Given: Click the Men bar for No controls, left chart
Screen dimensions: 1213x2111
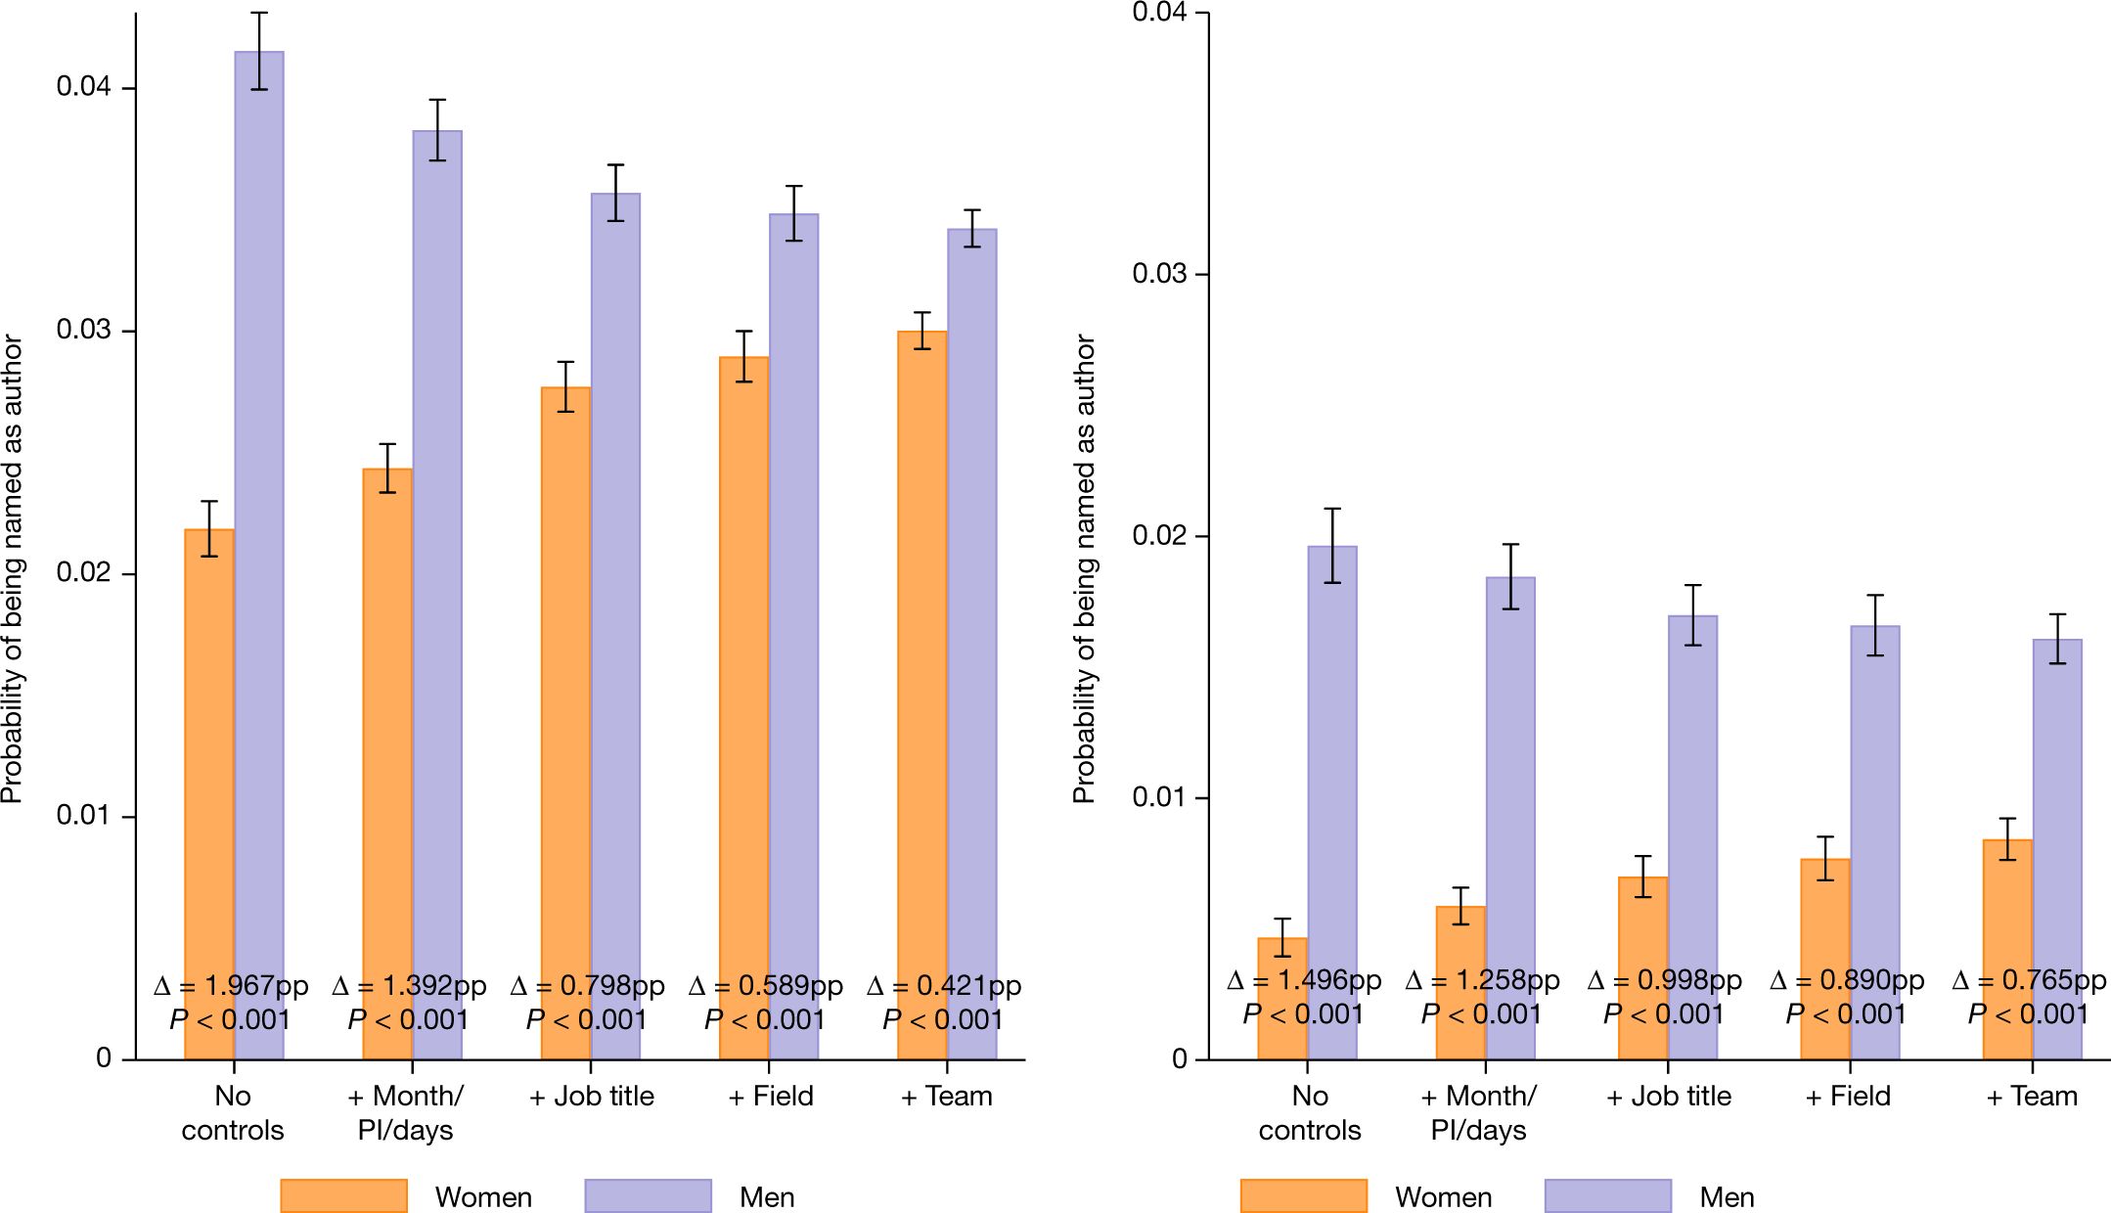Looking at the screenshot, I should (259, 489).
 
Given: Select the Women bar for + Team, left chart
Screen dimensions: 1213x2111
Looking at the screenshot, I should (921, 636).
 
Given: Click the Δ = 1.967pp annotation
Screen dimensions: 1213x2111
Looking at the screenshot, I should (231, 986).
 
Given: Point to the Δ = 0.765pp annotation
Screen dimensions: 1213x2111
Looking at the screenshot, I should (2029, 980).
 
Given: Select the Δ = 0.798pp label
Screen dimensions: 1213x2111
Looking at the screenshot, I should (587, 986).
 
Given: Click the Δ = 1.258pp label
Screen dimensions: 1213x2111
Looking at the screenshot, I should (1482, 980).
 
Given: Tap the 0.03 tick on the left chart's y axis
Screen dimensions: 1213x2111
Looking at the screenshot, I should (83, 330).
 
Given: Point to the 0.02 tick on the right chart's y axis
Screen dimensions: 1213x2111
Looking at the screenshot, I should (1159, 536).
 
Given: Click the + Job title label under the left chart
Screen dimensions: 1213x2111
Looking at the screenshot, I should (591, 1097).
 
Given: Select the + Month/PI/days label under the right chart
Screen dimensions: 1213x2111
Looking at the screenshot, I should (1479, 1113).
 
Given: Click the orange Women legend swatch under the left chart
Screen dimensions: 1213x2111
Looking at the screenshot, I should (343, 1195).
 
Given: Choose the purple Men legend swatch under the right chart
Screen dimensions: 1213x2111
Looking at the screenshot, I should (1607, 1195).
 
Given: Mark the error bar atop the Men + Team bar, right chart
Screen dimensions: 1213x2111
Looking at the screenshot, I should (2057, 639).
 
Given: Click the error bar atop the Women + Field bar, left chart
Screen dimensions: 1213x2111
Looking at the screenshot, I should (744, 356).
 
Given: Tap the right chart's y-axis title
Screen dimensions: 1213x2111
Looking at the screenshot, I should (1084, 568).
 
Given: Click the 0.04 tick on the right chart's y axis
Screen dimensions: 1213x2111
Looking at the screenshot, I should (1159, 13).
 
